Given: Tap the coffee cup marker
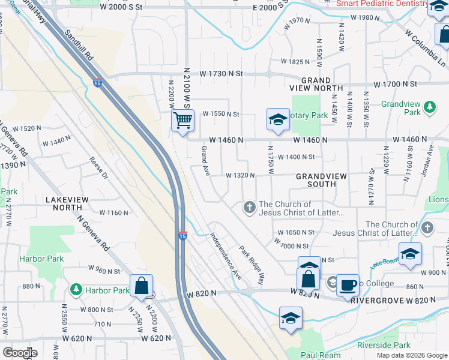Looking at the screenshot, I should click(347, 284).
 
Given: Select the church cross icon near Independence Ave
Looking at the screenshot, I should click(249, 208).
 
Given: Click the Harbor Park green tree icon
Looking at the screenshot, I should click(76, 290).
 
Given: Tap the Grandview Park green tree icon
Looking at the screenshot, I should click(429, 107).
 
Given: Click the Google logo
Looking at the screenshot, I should click(20, 353).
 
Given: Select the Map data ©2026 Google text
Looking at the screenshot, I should click(411, 355).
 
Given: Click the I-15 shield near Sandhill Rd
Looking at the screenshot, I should click(97, 83).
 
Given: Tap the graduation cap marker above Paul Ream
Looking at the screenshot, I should click(291, 319).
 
